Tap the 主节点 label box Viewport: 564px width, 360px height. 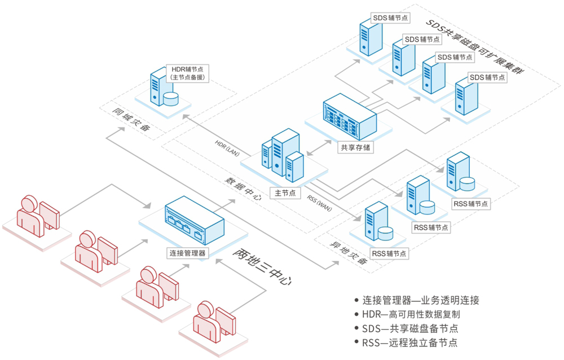[x=285, y=193]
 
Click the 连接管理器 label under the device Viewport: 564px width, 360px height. [x=187, y=253]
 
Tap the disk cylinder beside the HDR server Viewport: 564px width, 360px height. [x=170, y=99]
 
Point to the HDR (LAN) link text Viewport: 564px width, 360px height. [x=228, y=146]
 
